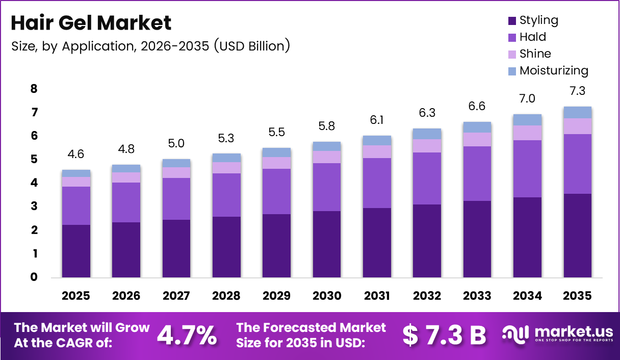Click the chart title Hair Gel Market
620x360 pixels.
(x=91, y=23)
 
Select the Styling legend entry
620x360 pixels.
(x=538, y=20)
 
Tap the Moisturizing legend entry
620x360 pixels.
(x=553, y=70)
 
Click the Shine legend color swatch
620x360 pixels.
(x=512, y=54)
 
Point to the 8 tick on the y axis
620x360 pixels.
(x=34, y=89)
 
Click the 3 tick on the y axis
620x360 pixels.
(x=34, y=207)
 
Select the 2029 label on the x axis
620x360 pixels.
(x=276, y=296)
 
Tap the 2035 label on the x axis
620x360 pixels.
(x=577, y=296)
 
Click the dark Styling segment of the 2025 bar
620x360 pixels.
(x=76, y=251)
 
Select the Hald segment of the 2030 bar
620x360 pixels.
(x=326, y=187)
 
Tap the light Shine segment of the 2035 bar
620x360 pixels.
(x=577, y=126)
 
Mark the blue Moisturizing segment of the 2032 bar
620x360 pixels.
(x=427, y=134)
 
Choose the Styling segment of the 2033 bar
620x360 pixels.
(x=477, y=239)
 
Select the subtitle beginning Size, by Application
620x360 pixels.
(x=150, y=46)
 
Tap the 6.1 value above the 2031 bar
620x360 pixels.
(x=377, y=121)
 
